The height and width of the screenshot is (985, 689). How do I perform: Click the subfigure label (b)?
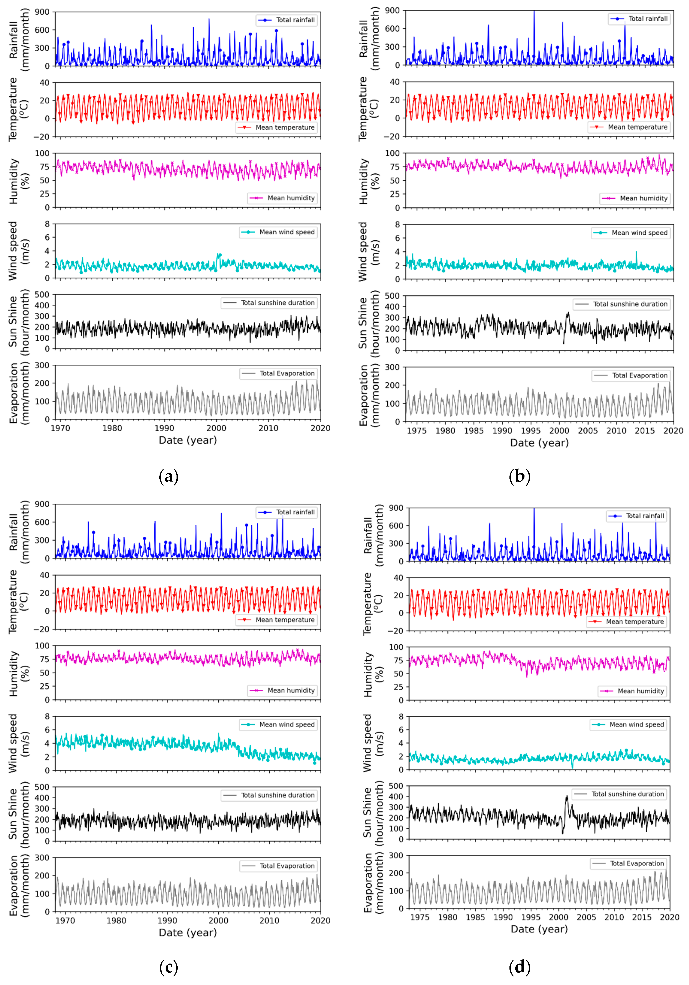pyautogui.click(x=520, y=477)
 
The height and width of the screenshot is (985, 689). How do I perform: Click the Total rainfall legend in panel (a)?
pyautogui.click(x=287, y=20)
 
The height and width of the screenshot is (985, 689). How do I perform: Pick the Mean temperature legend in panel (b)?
pyautogui.click(x=629, y=127)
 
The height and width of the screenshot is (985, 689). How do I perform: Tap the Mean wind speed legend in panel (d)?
pyautogui.click(x=629, y=725)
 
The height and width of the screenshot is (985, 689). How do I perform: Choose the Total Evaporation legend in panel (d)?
pyautogui.click(x=629, y=864)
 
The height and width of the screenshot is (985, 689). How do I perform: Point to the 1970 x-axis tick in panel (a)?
pyautogui.click(x=60, y=428)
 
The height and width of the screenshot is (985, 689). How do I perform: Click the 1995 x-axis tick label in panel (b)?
pyautogui.click(x=531, y=431)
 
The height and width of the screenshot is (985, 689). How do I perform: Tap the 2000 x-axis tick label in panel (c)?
pyautogui.click(x=218, y=921)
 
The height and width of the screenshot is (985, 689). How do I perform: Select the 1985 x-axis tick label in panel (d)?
pyautogui.click(x=475, y=917)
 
